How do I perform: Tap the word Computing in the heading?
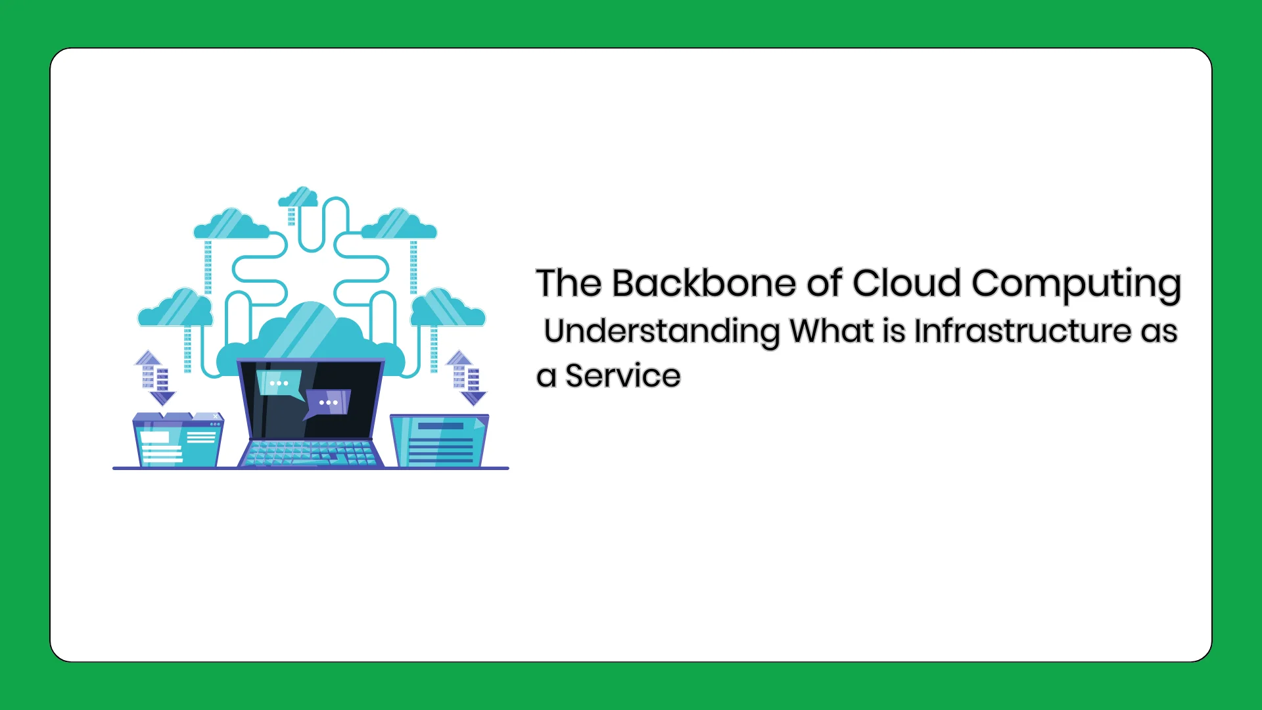[1076, 285]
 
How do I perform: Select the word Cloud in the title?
[907, 283]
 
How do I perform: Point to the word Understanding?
[663, 331]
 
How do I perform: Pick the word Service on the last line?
[622, 376]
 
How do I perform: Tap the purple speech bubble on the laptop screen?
[327, 403]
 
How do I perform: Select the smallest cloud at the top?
[298, 197]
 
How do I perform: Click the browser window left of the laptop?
[178, 440]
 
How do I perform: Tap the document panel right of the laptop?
[440, 440]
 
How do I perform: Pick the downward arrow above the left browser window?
[162, 387]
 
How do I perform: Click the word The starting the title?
[569, 283]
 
